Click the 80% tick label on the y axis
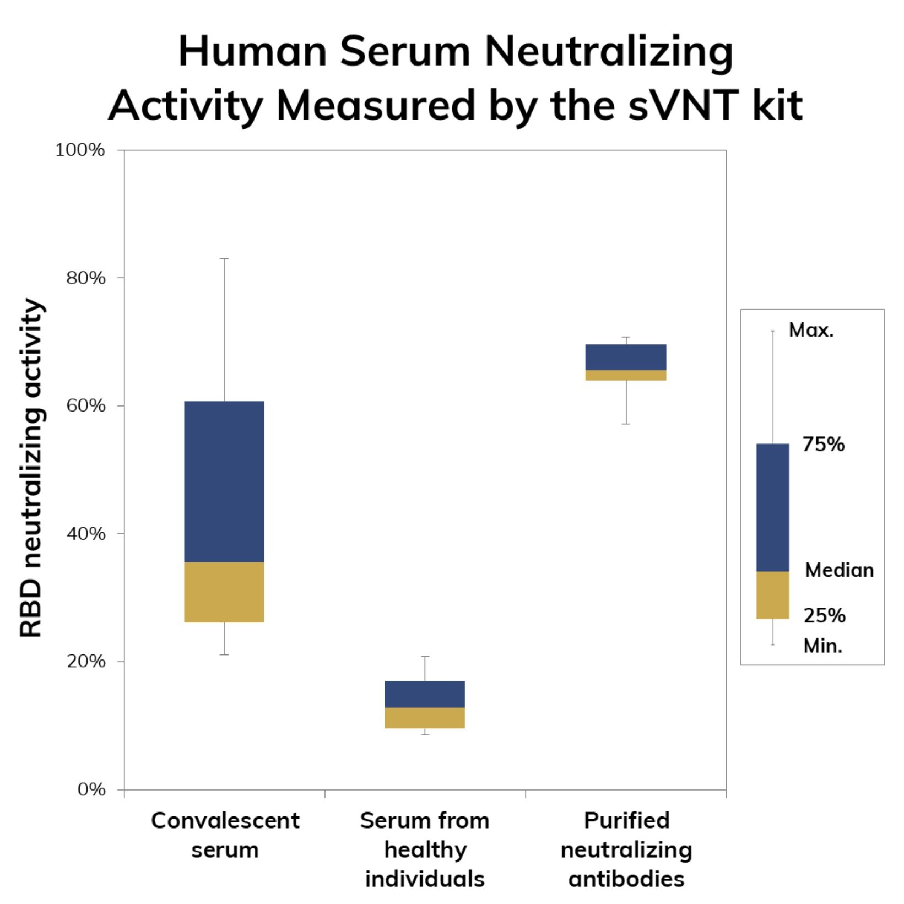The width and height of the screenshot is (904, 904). pos(85,278)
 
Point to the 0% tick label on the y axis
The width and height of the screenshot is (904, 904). pos(91,789)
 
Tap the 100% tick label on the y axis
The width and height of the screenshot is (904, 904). pos(80,150)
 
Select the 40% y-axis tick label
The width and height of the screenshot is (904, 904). pos(85,534)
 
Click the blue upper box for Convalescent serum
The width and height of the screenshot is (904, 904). pos(224,481)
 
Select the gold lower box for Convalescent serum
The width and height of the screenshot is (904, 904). pos(224,592)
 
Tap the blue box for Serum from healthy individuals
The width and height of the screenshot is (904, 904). pos(425,694)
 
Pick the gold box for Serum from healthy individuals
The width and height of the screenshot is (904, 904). pos(425,718)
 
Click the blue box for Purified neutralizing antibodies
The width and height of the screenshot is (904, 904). pos(626,357)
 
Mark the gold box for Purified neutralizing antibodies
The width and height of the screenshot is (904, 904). pos(626,375)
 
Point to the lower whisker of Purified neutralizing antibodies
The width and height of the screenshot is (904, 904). pos(626,402)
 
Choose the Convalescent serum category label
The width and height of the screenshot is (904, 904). pos(225,835)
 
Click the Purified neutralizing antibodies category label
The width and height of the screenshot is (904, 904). pos(626,849)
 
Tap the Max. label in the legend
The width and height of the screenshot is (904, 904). pos(811,330)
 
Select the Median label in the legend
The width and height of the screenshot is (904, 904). pos(839,570)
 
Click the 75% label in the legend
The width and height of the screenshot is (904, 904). pos(823,444)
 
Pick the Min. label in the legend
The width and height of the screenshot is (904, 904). pos(822,646)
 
